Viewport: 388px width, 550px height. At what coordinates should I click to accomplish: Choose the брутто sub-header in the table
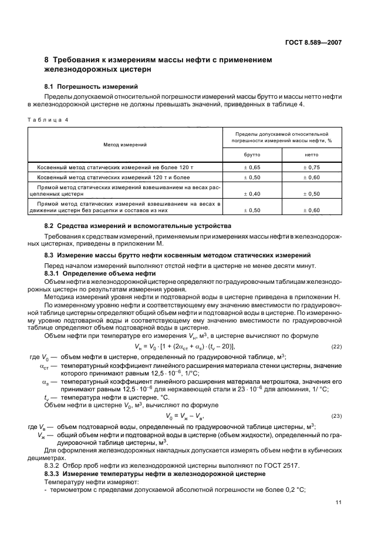click(252, 155)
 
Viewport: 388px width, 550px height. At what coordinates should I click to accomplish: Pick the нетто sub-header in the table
click(311, 155)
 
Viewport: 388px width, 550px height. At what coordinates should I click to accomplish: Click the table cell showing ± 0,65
click(252, 167)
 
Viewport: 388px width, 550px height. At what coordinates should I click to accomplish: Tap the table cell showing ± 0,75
click(311, 167)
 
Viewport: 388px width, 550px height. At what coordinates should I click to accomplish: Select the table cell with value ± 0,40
click(252, 193)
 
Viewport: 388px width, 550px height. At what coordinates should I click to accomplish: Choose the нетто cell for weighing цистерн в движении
click(311, 210)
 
